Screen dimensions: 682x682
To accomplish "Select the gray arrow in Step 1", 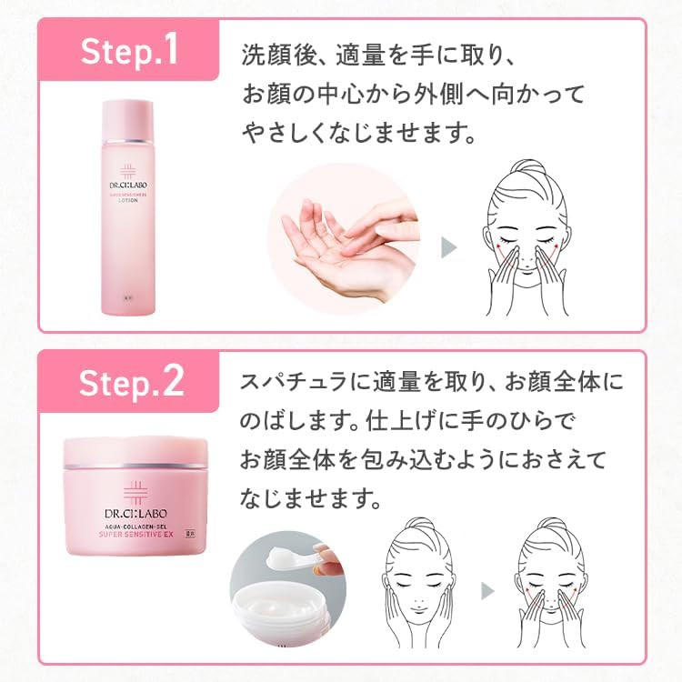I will [x=447, y=247].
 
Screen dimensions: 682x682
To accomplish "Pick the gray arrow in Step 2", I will [x=488, y=590].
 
